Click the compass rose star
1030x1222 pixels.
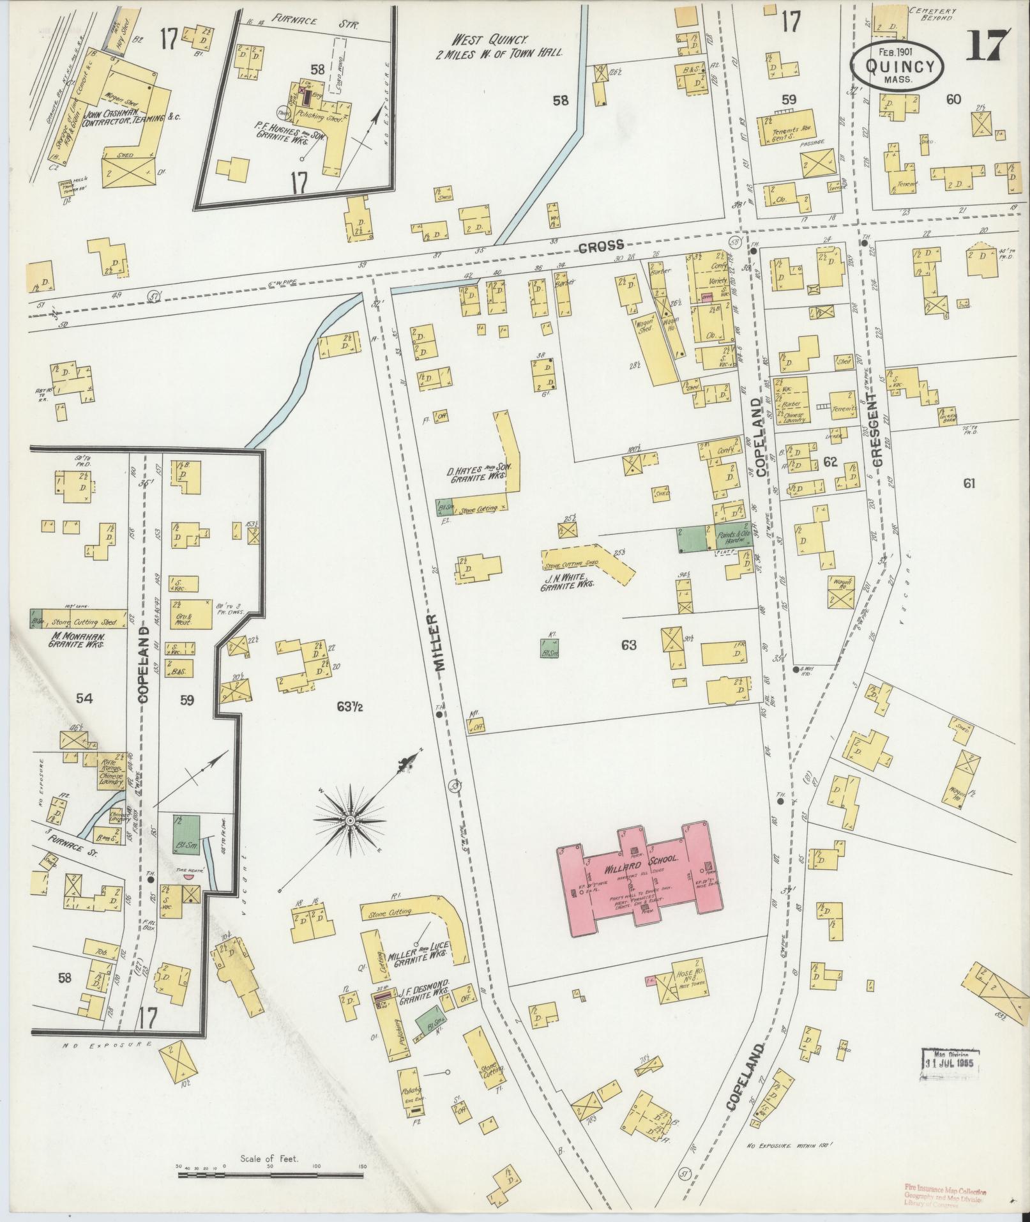[350, 820]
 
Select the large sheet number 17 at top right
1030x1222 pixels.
[986, 46]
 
